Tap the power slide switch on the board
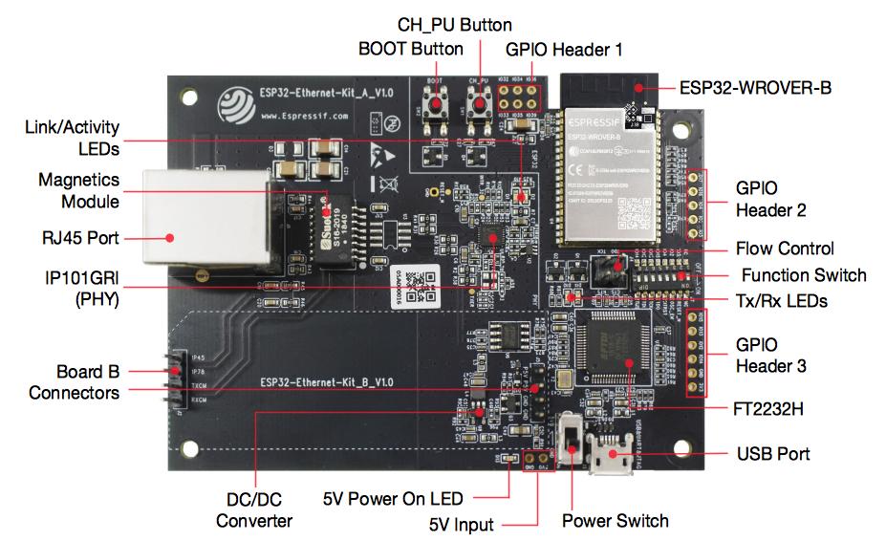(570, 442)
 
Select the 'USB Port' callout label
(772, 453)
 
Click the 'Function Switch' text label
(804, 275)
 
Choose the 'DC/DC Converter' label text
(253, 509)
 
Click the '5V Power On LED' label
(393, 498)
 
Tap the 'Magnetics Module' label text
(78, 190)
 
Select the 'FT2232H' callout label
(770, 408)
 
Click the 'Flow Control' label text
(785, 249)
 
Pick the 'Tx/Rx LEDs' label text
(781, 300)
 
